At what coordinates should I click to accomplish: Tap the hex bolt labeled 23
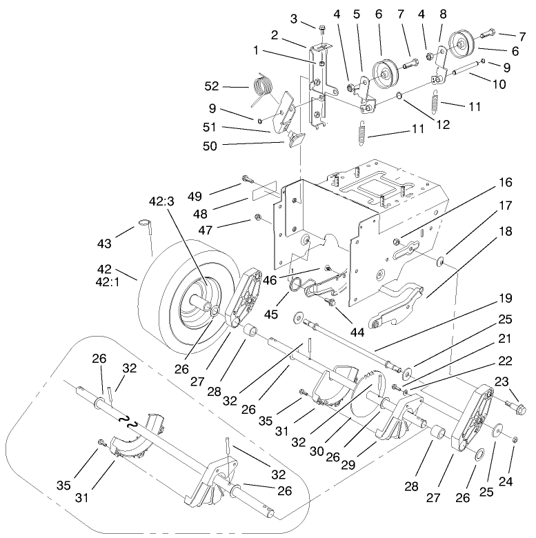515,408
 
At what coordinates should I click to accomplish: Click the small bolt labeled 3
323,28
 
